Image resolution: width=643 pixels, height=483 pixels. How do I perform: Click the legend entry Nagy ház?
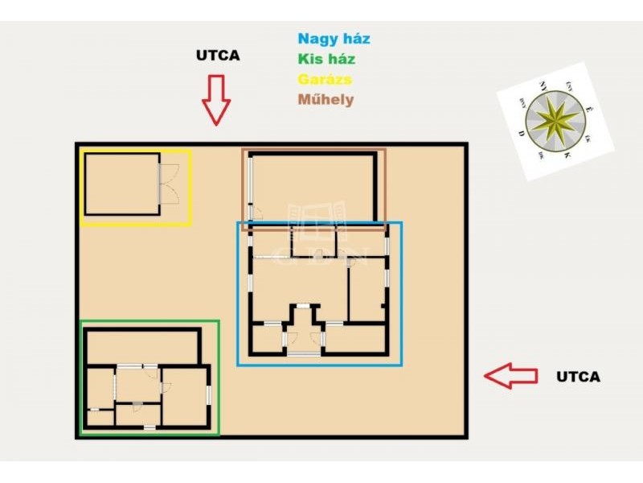(x=334, y=39)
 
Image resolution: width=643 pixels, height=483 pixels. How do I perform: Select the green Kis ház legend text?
(x=326, y=59)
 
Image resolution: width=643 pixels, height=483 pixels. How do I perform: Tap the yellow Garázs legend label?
(x=325, y=79)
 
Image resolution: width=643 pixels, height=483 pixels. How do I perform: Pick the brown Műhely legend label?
(x=326, y=100)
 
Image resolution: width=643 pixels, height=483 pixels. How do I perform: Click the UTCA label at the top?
(x=218, y=56)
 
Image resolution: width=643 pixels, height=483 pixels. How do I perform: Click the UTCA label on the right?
(x=578, y=376)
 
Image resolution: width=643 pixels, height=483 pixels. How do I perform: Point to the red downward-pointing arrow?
(x=215, y=99)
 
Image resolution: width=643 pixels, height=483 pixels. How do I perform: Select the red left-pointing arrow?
(x=510, y=375)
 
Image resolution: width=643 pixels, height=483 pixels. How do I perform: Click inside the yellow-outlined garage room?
(x=121, y=184)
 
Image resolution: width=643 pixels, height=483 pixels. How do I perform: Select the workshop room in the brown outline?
(x=313, y=185)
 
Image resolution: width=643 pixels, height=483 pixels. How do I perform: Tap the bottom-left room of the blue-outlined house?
(x=267, y=338)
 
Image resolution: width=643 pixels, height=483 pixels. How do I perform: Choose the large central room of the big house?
(x=299, y=286)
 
